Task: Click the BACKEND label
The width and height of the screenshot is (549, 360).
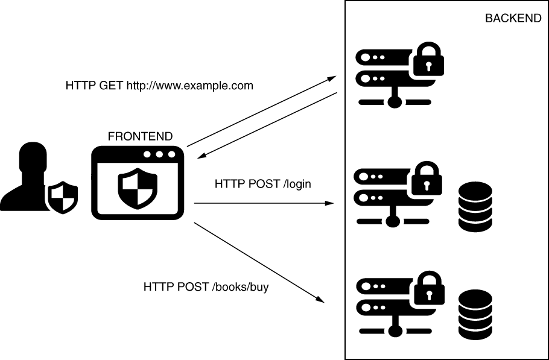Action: [x=513, y=19]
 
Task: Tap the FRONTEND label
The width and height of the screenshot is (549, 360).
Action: [x=140, y=136]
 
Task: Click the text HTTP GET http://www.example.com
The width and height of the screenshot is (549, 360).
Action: [x=159, y=86]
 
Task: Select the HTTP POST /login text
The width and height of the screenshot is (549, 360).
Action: [x=263, y=183]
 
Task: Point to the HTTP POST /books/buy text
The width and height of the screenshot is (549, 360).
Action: [x=206, y=287]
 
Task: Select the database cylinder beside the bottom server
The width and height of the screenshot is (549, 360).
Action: [x=475, y=314]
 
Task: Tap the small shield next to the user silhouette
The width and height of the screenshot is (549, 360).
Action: [x=63, y=196]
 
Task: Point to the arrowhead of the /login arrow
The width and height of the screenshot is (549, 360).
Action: [x=330, y=203]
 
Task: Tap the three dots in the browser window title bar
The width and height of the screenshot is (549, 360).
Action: [x=159, y=155]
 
